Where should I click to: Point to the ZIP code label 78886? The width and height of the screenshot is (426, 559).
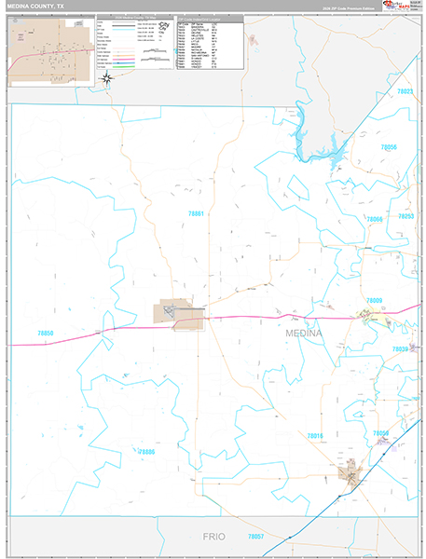point(144,452)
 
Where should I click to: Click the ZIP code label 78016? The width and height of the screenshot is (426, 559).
point(315,435)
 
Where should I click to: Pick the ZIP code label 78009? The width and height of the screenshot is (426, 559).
point(374,300)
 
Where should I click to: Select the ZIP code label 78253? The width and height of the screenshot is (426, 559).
point(405,216)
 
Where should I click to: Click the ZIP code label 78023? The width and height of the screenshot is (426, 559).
point(405,91)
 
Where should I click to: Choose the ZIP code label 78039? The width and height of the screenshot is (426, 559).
point(401,348)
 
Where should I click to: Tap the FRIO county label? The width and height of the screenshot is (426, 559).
point(214,538)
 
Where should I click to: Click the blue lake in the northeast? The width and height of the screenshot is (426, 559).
point(317,144)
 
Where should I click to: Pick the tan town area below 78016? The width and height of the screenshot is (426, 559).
point(351,477)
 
